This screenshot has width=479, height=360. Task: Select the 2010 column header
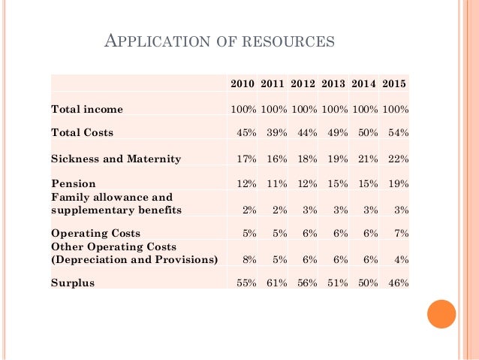[x=243, y=83]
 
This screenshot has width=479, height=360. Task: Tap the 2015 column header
[x=395, y=83]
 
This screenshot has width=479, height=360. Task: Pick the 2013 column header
[x=334, y=83]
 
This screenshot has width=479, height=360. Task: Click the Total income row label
[x=86, y=110]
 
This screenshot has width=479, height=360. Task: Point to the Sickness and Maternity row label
[x=116, y=159]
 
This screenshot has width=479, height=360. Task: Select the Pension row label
[x=74, y=183]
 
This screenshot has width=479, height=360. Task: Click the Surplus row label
[x=73, y=283]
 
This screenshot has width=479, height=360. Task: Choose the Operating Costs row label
[x=95, y=234]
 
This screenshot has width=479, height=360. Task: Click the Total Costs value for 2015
[x=398, y=133]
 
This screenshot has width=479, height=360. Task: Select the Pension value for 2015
[x=398, y=183]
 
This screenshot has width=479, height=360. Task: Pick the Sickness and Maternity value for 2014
[x=366, y=159]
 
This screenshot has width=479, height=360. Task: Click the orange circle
[x=441, y=313]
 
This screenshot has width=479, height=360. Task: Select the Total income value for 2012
[x=304, y=110]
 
